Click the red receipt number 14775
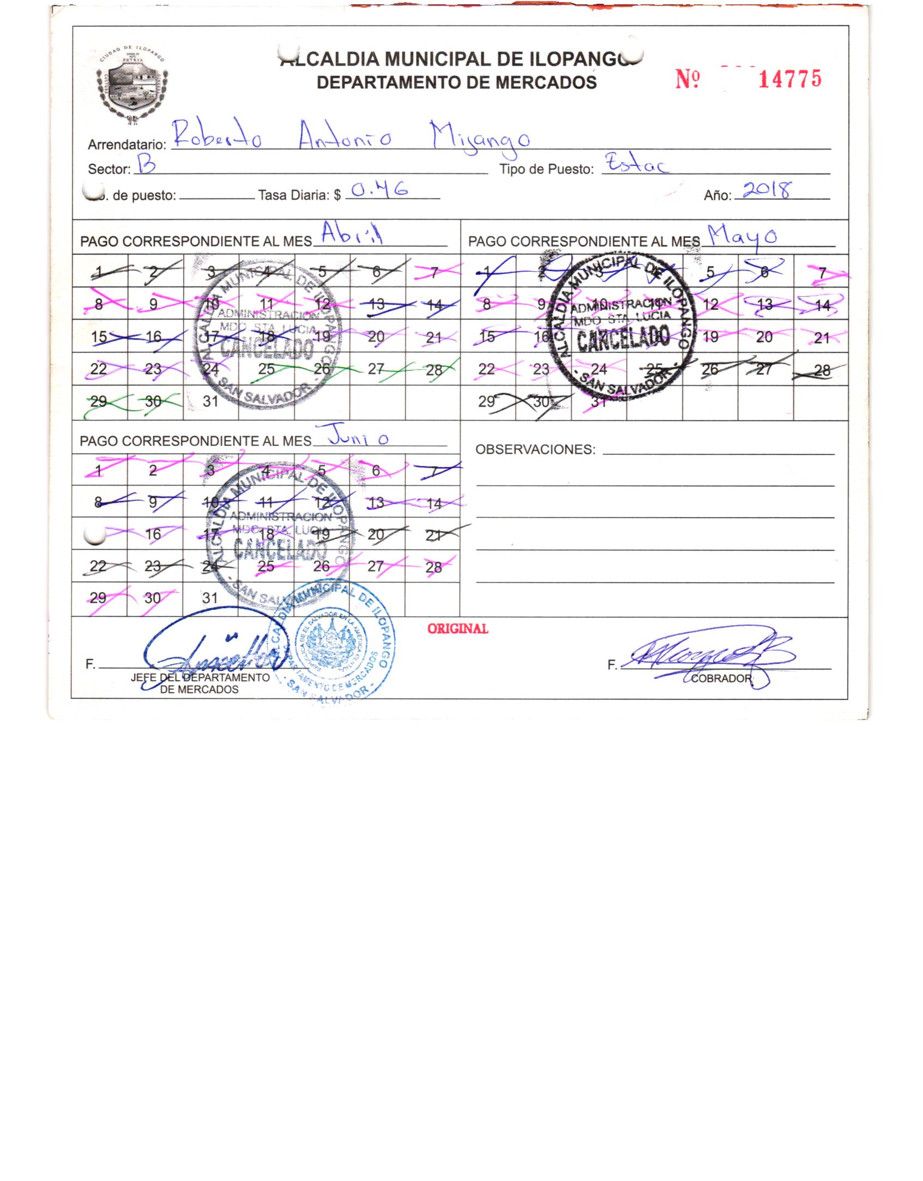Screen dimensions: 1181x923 click(x=789, y=80)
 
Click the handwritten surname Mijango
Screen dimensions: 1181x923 click(x=479, y=137)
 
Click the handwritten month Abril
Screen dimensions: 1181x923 click(x=352, y=234)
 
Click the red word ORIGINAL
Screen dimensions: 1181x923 click(x=457, y=628)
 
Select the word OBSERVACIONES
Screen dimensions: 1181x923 click(x=535, y=450)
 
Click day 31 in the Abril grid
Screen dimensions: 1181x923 click(x=210, y=401)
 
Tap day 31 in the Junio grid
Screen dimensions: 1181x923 click(x=210, y=598)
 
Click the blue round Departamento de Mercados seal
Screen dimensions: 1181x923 click(x=334, y=646)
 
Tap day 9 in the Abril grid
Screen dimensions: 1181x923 click(x=154, y=304)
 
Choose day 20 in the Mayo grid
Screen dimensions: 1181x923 click(x=764, y=337)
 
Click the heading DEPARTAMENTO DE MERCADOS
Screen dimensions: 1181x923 click(x=456, y=82)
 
